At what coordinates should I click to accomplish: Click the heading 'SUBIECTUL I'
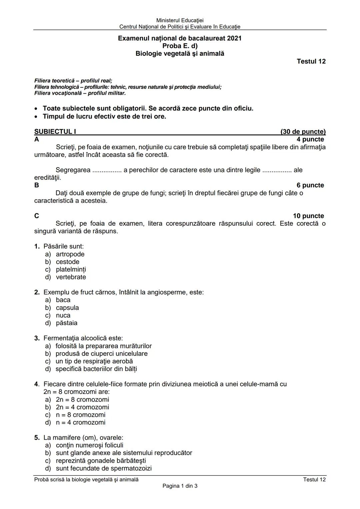(55, 132)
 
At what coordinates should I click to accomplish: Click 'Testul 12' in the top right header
(311, 61)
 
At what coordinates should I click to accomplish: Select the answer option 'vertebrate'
(71, 277)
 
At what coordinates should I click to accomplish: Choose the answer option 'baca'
(63, 300)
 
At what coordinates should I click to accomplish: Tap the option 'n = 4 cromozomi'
(80, 422)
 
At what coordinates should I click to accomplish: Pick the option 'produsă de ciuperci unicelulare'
(101, 353)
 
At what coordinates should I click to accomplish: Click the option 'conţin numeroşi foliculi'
(89, 445)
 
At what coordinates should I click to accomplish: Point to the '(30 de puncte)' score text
(303, 132)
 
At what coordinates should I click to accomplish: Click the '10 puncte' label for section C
(308, 216)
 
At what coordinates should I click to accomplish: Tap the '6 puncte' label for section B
(310, 185)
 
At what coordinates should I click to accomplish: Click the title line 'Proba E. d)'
(180, 46)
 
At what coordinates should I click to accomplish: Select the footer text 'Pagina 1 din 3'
(180, 486)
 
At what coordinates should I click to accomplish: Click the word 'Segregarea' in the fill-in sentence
(73, 170)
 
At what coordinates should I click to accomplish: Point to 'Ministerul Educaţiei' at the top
(180, 21)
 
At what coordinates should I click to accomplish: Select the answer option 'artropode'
(70, 254)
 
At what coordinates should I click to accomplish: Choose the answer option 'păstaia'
(66, 323)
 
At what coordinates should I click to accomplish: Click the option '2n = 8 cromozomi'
(82, 399)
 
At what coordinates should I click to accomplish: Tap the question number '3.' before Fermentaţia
(37, 338)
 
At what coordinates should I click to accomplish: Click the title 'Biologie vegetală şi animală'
(180, 54)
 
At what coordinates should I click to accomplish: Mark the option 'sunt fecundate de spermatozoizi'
(103, 468)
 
